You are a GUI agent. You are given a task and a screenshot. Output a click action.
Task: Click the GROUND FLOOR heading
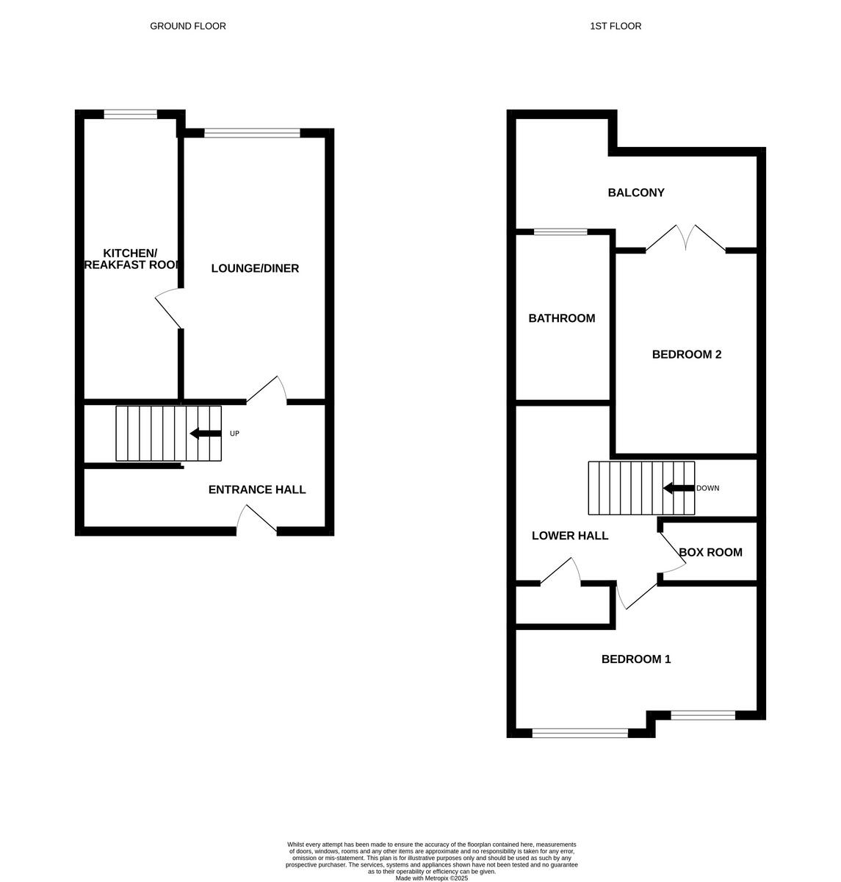pyautogui.click(x=188, y=26)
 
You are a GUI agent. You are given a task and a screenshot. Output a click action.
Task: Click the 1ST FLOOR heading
pyautogui.click(x=616, y=26)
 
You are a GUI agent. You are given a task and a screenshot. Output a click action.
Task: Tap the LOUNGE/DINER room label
pyautogui.click(x=255, y=268)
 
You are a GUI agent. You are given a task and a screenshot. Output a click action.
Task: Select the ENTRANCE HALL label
pyautogui.click(x=257, y=490)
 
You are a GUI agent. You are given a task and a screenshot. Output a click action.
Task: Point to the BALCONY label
pyautogui.click(x=636, y=193)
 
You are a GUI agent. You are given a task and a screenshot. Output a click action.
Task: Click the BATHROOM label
pyautogui.click(x=562, y=318)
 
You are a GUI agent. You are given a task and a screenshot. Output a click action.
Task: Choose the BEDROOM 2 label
pyautogui.click(x=687, y=354)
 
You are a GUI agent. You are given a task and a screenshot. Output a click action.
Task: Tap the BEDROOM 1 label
pyautogui.click(x=636, y=659)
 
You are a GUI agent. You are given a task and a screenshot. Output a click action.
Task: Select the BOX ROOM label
pyautogui.click(x=710, y=553)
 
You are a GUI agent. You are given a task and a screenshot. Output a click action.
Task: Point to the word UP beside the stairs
pyautogui.click(x=235, y=434)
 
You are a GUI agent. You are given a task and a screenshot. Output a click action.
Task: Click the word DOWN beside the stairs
pyautogui.click(x=708, y=488)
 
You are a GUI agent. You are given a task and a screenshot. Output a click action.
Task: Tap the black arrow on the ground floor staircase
pyautogui.click(x=205, y=434)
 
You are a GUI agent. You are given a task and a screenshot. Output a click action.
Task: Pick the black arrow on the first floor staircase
pyautogui.click(x=679, y=488)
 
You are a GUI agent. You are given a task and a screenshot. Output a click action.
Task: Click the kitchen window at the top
pyautogui.click(x=131, y=114)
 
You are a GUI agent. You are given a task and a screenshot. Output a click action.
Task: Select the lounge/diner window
pyautogui.click(x=252, y=133)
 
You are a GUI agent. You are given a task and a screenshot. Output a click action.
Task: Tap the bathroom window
pyautogui.click(x=560, y=232)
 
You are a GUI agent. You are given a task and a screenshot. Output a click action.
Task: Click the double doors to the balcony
pyautogui.click(x=686, y=238)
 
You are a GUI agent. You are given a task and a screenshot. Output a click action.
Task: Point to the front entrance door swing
pyautogui.click(x=256, y=518)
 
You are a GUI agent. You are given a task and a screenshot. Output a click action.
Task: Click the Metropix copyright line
pyautogui.click(x=432, y=878)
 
